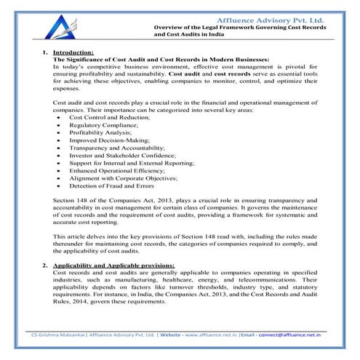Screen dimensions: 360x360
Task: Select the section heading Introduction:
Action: click(x=73, y=52)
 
